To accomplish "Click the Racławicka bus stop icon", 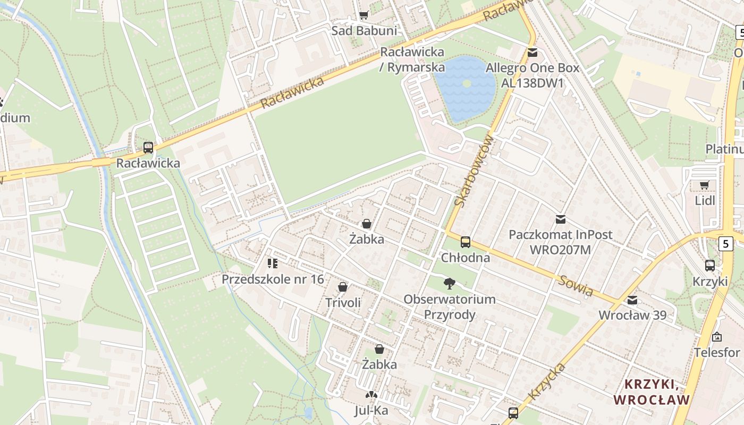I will click(x=148, y=148).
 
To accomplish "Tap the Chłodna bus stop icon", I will click(x=466, y=242).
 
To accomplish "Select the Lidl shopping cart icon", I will click(x=705, y=185).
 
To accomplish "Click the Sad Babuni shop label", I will click(x=364, y=31).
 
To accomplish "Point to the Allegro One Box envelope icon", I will click(x=532, y=53).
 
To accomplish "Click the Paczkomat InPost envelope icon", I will click(x=560, y=219).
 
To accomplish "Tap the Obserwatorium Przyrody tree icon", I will click(x=450, y=283).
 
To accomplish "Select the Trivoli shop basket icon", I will click(x=343, y=287).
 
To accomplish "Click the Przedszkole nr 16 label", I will click(x=273, y=279).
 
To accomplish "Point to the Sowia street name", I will click(x=575, y=286).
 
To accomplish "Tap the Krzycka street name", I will click(x=547, y=381).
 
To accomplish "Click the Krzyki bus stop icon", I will click(x=710, y=266).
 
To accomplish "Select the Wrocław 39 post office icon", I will click(x=632, y=300).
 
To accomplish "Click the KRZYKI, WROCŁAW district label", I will click(x=652, y=392).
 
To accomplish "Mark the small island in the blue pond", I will click(x=467, y=83).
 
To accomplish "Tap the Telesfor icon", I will click(x=717, y=337).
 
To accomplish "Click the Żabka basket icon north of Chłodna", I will click(x=366, y=224).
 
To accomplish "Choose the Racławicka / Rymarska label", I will click(x=412, y=59).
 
